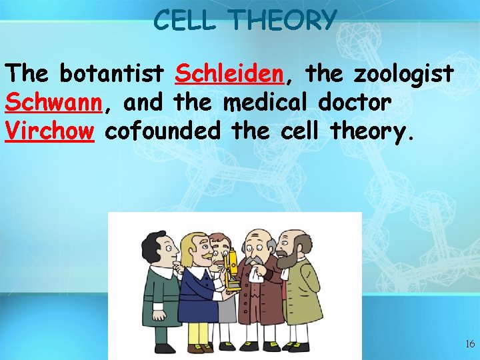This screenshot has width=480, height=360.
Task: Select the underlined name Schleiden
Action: click(230, 75)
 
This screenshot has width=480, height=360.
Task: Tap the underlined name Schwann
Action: click(53, 103)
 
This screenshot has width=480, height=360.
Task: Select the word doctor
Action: click(354, 103)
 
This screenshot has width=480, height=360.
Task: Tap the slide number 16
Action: click(470, 344)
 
